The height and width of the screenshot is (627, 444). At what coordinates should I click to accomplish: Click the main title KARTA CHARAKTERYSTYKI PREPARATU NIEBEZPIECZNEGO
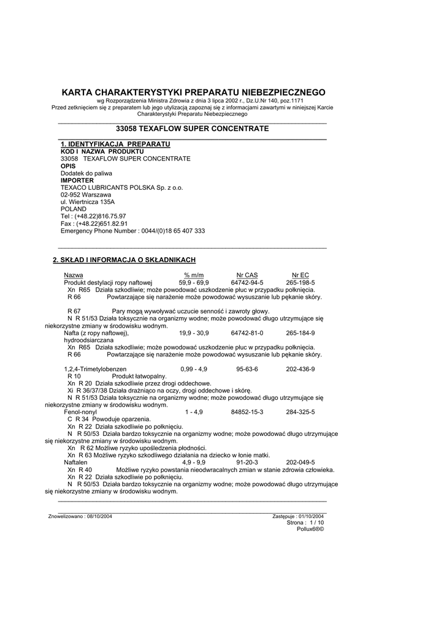(194, 92)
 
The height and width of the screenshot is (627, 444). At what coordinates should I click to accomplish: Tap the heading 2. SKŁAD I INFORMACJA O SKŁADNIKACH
(124, 260)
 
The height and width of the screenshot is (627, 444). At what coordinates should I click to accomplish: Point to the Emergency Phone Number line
(132, 231)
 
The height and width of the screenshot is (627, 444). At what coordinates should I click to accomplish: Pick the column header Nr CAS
(247, 275)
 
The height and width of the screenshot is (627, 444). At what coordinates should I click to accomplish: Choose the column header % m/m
(194, 275)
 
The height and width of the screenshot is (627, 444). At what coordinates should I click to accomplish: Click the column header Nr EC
(300, 275)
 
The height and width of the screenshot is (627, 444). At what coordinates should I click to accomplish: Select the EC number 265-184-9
(300, 332)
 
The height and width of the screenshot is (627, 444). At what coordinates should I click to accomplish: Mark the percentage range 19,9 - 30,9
(194, 332)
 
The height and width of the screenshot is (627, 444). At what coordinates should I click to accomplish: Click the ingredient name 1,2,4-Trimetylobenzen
(95, 369)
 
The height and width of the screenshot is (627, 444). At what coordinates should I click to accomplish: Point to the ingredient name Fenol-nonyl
(80, 412)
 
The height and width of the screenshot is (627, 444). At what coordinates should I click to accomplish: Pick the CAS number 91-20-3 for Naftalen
(247, 462)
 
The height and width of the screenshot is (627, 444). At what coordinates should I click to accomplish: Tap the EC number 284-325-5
(300, 412)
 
